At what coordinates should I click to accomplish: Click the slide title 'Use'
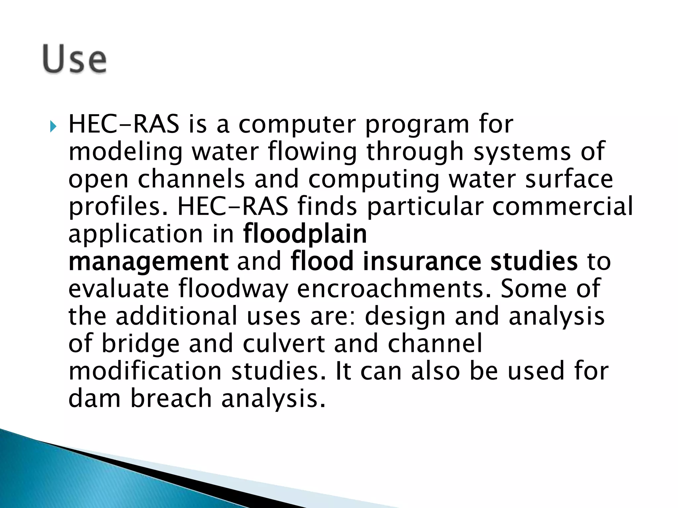(x=74, y=60)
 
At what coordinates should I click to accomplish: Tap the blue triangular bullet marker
(x=53, y=126)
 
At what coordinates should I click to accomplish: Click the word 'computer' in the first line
(x=297, y=125)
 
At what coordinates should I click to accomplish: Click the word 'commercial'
(x=562, y=206)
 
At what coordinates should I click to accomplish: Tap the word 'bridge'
(x=140, y=344)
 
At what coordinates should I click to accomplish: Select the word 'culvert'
(x=284, y=343)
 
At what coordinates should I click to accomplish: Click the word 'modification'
(x=145, y=371)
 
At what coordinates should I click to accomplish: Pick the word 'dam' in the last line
(x=94, y=398)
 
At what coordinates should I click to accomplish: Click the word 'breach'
(x=171, y=398)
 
